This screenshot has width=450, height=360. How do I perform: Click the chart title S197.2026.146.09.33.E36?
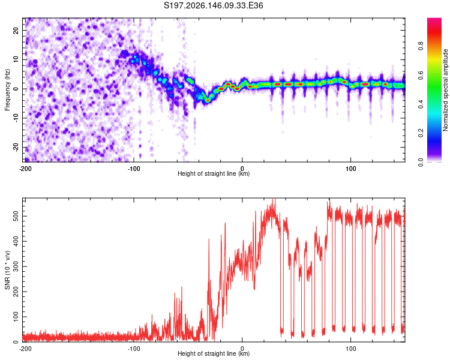click(x=213, y=5)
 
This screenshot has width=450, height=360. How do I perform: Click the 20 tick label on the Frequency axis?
click(x=16, y=31)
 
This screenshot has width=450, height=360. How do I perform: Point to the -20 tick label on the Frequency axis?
click(x=16, y=147)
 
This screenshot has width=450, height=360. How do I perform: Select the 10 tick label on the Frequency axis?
click(x=16, y=60)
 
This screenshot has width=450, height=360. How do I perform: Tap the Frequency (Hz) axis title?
click(x=7, y=90)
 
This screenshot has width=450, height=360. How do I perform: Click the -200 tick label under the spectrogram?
click(x=25, y=169)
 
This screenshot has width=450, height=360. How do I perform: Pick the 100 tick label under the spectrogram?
click(x=350, y=169)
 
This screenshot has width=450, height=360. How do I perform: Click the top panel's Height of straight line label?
click(x=214, y=173)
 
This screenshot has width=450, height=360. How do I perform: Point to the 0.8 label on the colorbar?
click(x=421, y=46)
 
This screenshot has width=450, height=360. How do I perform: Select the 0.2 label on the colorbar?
click(x=421, y=133)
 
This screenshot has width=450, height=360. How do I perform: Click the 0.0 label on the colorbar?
click(x=421, y=162)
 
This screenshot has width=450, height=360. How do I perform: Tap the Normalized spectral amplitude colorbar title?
click(x=445, y=90)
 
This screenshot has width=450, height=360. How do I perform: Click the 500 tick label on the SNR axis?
click(x=16, y=216)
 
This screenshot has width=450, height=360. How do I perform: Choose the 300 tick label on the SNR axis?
click(x=16, y=266)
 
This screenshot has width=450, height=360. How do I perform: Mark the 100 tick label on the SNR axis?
click(x=16, y=317)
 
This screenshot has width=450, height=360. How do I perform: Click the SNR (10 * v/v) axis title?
click(x=7, y=270)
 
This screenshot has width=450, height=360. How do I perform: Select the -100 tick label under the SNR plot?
click(x=134, y=349)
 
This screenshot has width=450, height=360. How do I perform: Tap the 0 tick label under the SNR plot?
click(x=242, y=349)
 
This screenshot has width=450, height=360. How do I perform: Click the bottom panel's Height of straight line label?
click(x=214, y=353)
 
